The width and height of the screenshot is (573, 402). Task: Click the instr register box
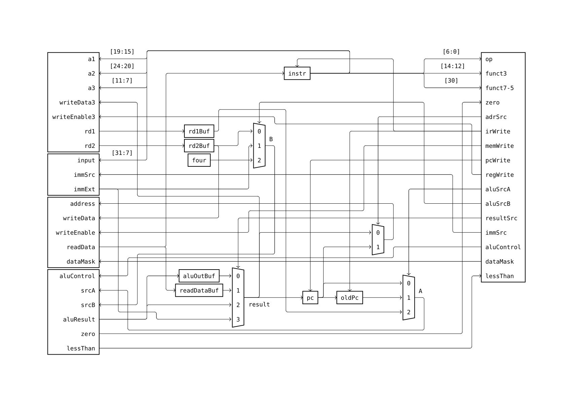point(297,73)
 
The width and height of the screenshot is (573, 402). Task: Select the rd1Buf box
point(199,131)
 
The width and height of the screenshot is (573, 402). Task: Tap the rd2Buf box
point(199,146)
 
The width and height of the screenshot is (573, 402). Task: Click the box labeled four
point(199,160)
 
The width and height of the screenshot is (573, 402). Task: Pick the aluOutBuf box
point(199,276)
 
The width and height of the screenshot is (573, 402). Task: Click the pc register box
point(310,297)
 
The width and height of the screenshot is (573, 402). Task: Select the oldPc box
point(349,297)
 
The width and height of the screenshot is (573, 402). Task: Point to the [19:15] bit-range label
point(122,51)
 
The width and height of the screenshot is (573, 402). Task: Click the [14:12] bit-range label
point(452,66)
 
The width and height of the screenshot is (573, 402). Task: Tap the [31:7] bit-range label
point(122,153)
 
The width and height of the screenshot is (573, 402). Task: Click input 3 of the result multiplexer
point(238,319)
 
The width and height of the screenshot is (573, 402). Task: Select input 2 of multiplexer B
point(259,160)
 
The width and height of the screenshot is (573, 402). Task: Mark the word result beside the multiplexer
point(259,305)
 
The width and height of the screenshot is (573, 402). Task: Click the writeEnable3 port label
point(74,117)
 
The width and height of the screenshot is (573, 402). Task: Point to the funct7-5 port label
point(499,88)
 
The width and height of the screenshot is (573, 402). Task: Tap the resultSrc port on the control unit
point(501,218)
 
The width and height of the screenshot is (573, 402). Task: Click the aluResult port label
point(79,319)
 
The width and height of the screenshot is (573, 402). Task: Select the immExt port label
point(84,189)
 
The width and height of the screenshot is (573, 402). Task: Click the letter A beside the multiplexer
point(420,291)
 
